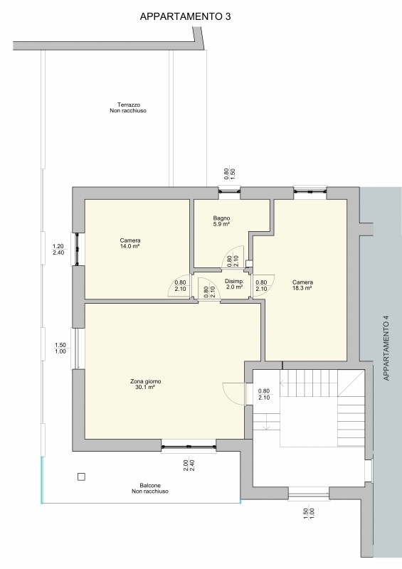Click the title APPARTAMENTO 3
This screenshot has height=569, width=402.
click(185, 16)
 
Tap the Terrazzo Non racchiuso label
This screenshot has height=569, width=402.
click(128, 108)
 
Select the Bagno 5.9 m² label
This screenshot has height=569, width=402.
click(221, 221)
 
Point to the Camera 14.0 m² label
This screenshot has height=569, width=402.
click(130, 243)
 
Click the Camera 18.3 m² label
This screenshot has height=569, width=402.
click(302, 285)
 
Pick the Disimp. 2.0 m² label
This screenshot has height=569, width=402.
click(234, 284)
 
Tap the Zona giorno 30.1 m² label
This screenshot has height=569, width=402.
click(145, 384)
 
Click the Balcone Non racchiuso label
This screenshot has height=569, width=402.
click(150, 488)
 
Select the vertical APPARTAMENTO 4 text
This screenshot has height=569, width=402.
click(386, 349)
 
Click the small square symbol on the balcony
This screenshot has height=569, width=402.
click(81, 477)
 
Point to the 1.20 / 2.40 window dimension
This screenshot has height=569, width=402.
click(58, 250)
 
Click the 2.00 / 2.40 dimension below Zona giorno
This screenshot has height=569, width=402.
click(189, 466)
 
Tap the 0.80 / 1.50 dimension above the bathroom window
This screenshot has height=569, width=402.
click(230, 174)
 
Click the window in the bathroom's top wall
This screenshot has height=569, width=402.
click(229, 190)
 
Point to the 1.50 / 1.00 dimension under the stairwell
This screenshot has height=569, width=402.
click(309, 513)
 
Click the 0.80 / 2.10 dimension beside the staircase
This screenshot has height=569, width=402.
click(264, 394)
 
